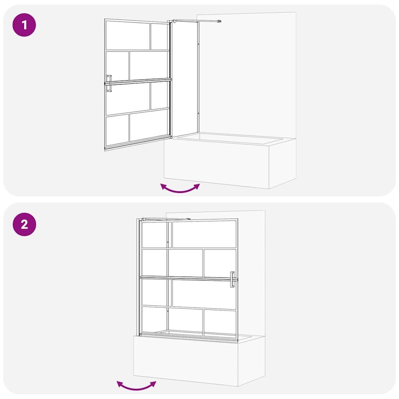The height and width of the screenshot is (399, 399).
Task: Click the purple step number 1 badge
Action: coord(24,25)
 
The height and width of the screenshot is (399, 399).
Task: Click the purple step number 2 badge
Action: coord(25,224)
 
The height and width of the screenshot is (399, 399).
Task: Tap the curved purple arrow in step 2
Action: coord(136,386)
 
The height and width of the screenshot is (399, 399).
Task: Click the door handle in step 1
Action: coord(109,83)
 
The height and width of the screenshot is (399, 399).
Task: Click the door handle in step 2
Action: coord(232,279)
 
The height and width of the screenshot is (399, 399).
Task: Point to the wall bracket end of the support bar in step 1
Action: coord(219,21)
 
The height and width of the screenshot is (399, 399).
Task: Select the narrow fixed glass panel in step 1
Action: coord(185,79)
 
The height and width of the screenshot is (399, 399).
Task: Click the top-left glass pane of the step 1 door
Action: coord(128,35)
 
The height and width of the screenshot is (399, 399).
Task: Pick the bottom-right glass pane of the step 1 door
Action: coord(149,125)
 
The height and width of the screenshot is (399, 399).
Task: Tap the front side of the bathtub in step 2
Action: coord(186,361)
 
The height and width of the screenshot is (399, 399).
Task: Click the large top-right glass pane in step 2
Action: coord(204,234)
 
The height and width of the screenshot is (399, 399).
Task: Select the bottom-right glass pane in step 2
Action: coord(220,323)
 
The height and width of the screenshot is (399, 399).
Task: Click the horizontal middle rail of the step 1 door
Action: coord(138,81)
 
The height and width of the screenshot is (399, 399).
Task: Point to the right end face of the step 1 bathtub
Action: coord(282,163)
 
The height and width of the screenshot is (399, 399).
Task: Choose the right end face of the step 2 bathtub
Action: coord(251,361)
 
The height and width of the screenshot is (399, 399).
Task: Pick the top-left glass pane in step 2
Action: coord(154,235)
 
